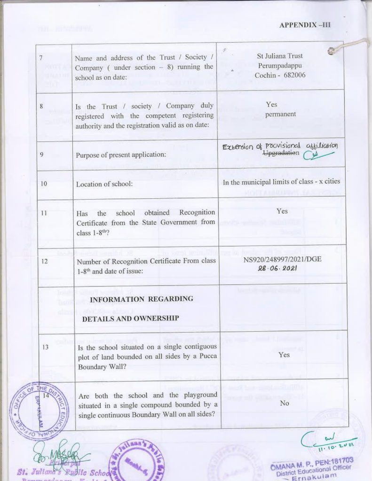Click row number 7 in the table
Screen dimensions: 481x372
[41, 57]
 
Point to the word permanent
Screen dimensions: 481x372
[280, 114]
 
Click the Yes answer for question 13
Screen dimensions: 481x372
[284, 355]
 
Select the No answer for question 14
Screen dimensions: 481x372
[284, 403]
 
